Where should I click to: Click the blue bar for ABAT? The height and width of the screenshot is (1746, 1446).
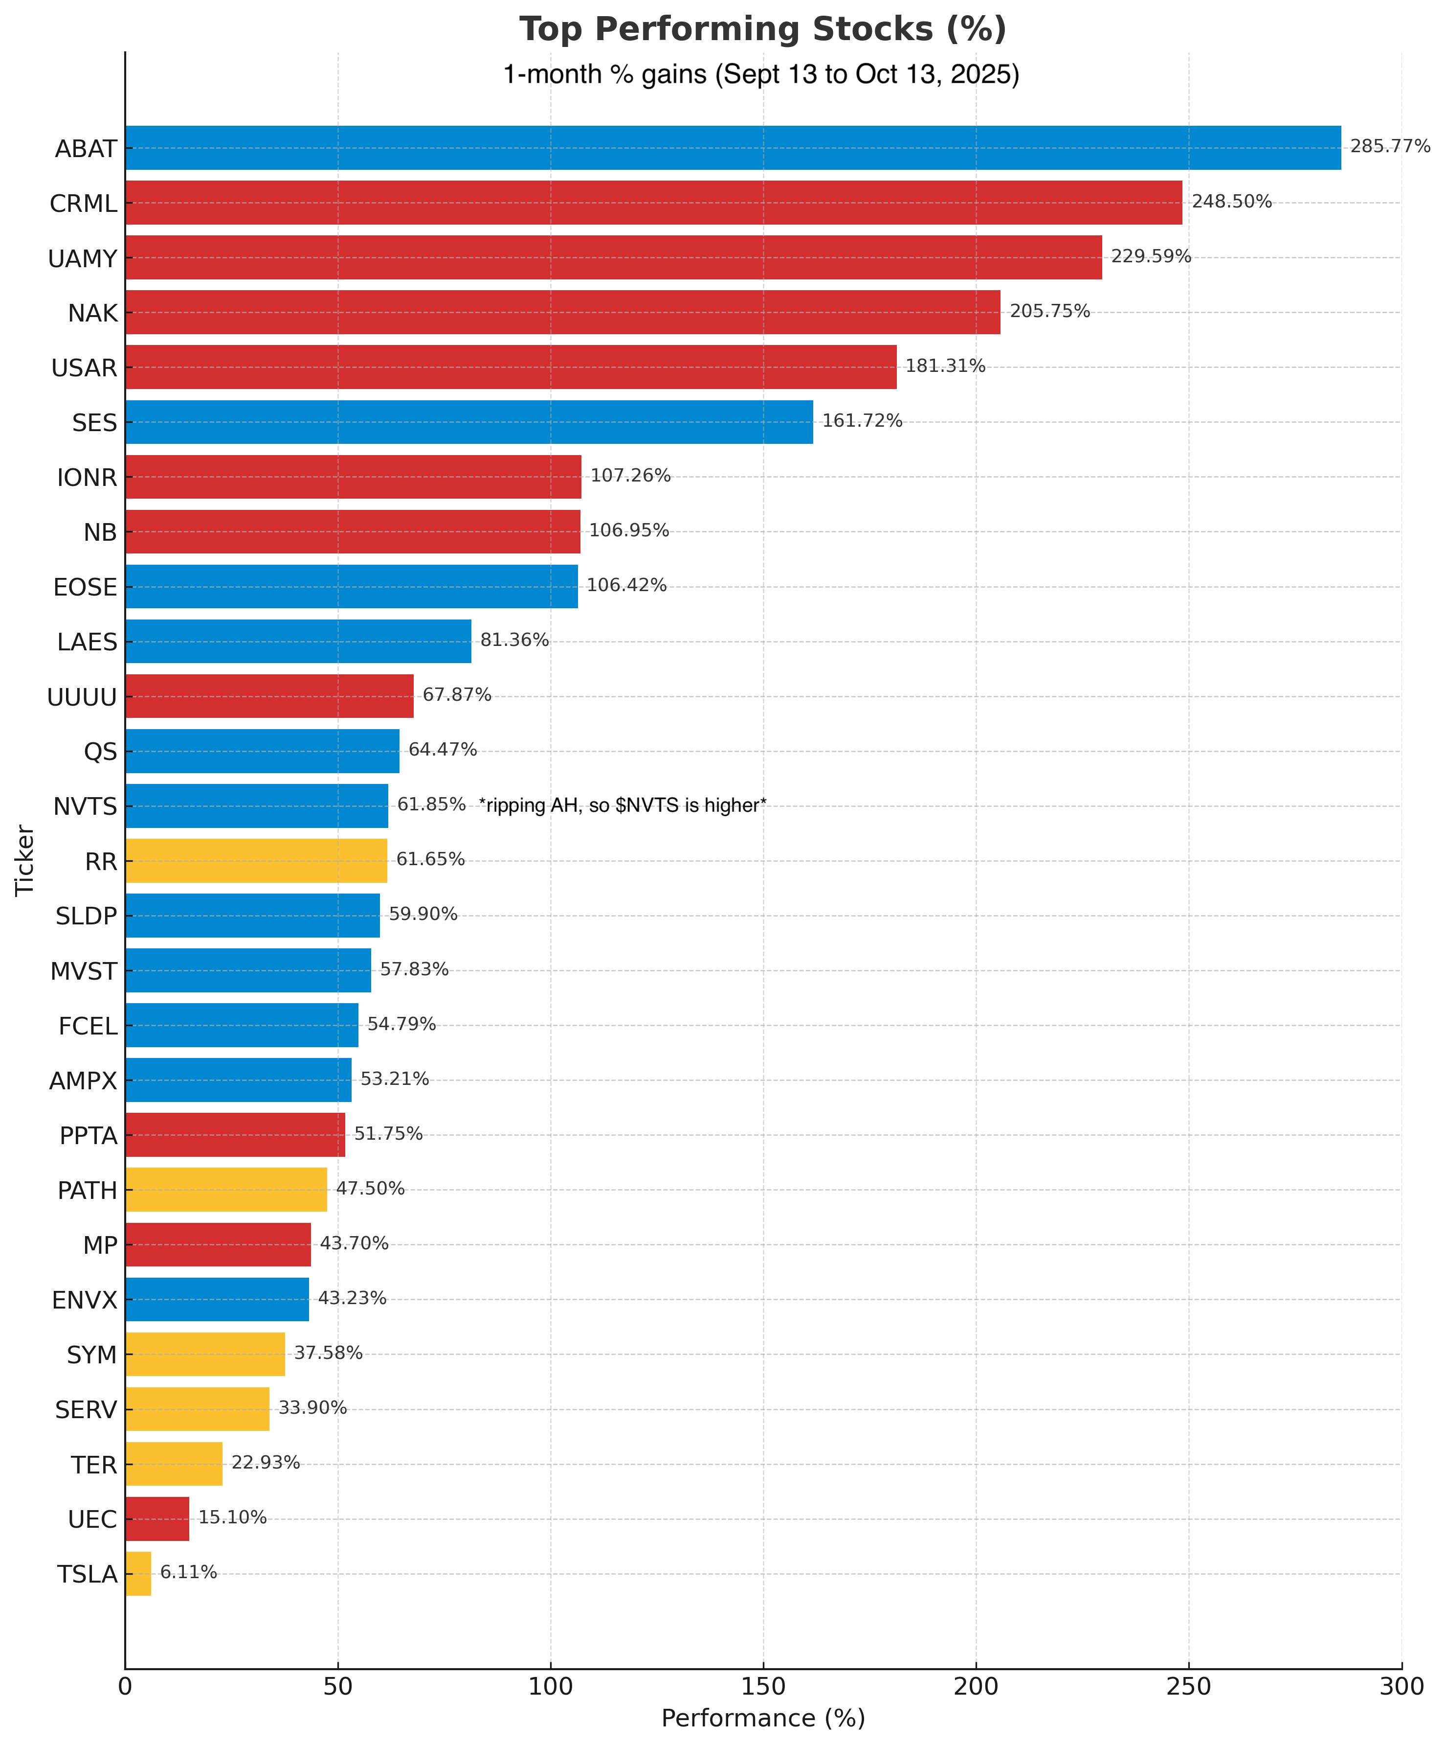point(733,148)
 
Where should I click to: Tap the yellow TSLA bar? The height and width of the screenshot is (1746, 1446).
point(138,1574)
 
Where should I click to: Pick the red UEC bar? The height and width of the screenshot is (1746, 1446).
point(157,1519)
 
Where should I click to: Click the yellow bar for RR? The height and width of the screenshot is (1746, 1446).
point(256,861)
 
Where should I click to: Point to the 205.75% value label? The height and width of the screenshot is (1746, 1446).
point(1049,311)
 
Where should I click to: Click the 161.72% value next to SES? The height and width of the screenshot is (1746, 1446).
point(862,421)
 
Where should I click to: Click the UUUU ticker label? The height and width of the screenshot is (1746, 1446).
point(82,697)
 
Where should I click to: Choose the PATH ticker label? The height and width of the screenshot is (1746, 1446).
point(87,1191)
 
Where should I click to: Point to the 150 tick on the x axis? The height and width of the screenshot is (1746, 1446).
point(763,1686)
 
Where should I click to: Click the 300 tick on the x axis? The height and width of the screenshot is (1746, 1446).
point(1401,1686)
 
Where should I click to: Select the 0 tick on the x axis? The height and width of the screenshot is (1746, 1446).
point(126,1686)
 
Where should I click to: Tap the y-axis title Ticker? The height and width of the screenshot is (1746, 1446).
point(25,860)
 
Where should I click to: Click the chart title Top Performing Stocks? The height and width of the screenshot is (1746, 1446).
point(763,29)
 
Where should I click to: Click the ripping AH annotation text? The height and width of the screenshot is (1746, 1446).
point(623,805)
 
